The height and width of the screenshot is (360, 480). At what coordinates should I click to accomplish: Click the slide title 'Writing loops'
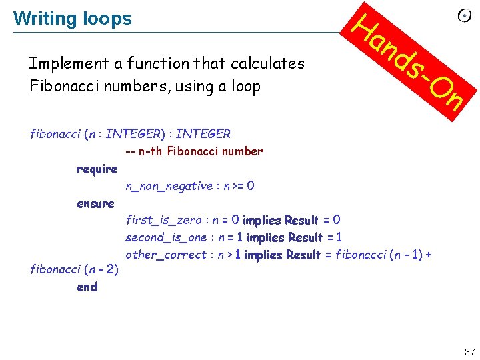click(72, 19)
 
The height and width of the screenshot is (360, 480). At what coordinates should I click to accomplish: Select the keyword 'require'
click(97, 169)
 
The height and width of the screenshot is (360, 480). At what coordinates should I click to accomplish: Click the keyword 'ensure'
click(95, 204)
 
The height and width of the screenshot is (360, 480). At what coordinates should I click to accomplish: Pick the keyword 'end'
click(87, 287)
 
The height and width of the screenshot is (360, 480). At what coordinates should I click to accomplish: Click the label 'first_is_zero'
click(165, 221)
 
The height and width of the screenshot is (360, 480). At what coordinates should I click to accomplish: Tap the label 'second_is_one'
click(166, 238)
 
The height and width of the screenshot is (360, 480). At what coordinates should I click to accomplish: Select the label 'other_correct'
click(166, 255)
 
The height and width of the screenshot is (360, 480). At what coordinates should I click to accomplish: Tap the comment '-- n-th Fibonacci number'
click(194, 151)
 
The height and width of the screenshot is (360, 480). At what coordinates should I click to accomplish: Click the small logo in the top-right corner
click(465, 16)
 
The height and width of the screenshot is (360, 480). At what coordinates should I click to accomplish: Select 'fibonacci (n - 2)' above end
click(75, 270)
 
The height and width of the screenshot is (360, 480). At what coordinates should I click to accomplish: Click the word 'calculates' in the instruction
click(267, 64)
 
